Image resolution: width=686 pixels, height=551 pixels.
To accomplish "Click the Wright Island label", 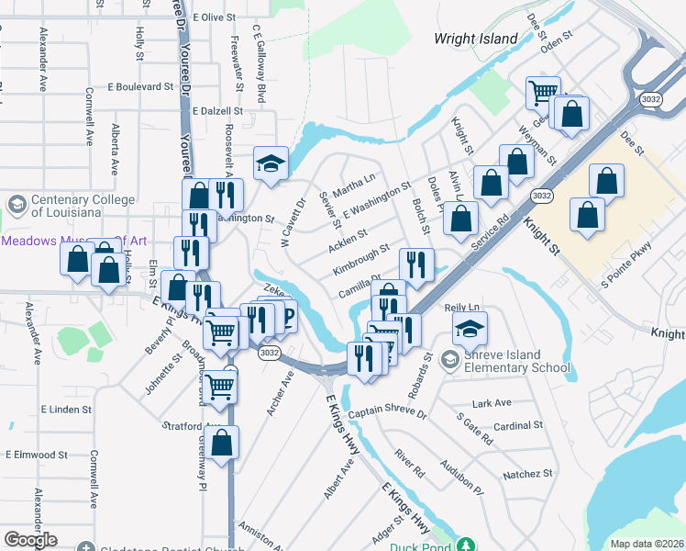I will pos(476,39).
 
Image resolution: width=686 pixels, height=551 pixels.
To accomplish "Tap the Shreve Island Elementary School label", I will pos(514,362).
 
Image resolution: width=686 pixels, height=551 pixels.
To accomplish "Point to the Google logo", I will pos(30,540).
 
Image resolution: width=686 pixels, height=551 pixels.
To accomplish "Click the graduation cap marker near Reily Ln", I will pos(470,328).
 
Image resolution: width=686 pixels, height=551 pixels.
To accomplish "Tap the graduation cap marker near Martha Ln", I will pos(271,163).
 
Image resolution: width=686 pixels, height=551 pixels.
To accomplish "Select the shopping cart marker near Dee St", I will pos(543,92).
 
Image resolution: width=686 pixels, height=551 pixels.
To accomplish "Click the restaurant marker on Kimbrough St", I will pos(417,264).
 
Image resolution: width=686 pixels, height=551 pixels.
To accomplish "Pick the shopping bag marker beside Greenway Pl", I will pos(222,443).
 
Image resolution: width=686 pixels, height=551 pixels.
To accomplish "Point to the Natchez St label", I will pos(527,475).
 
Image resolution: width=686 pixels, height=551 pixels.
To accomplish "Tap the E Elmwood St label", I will pos(36,455).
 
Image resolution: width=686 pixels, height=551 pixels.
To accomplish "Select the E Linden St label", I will pos(65,409).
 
